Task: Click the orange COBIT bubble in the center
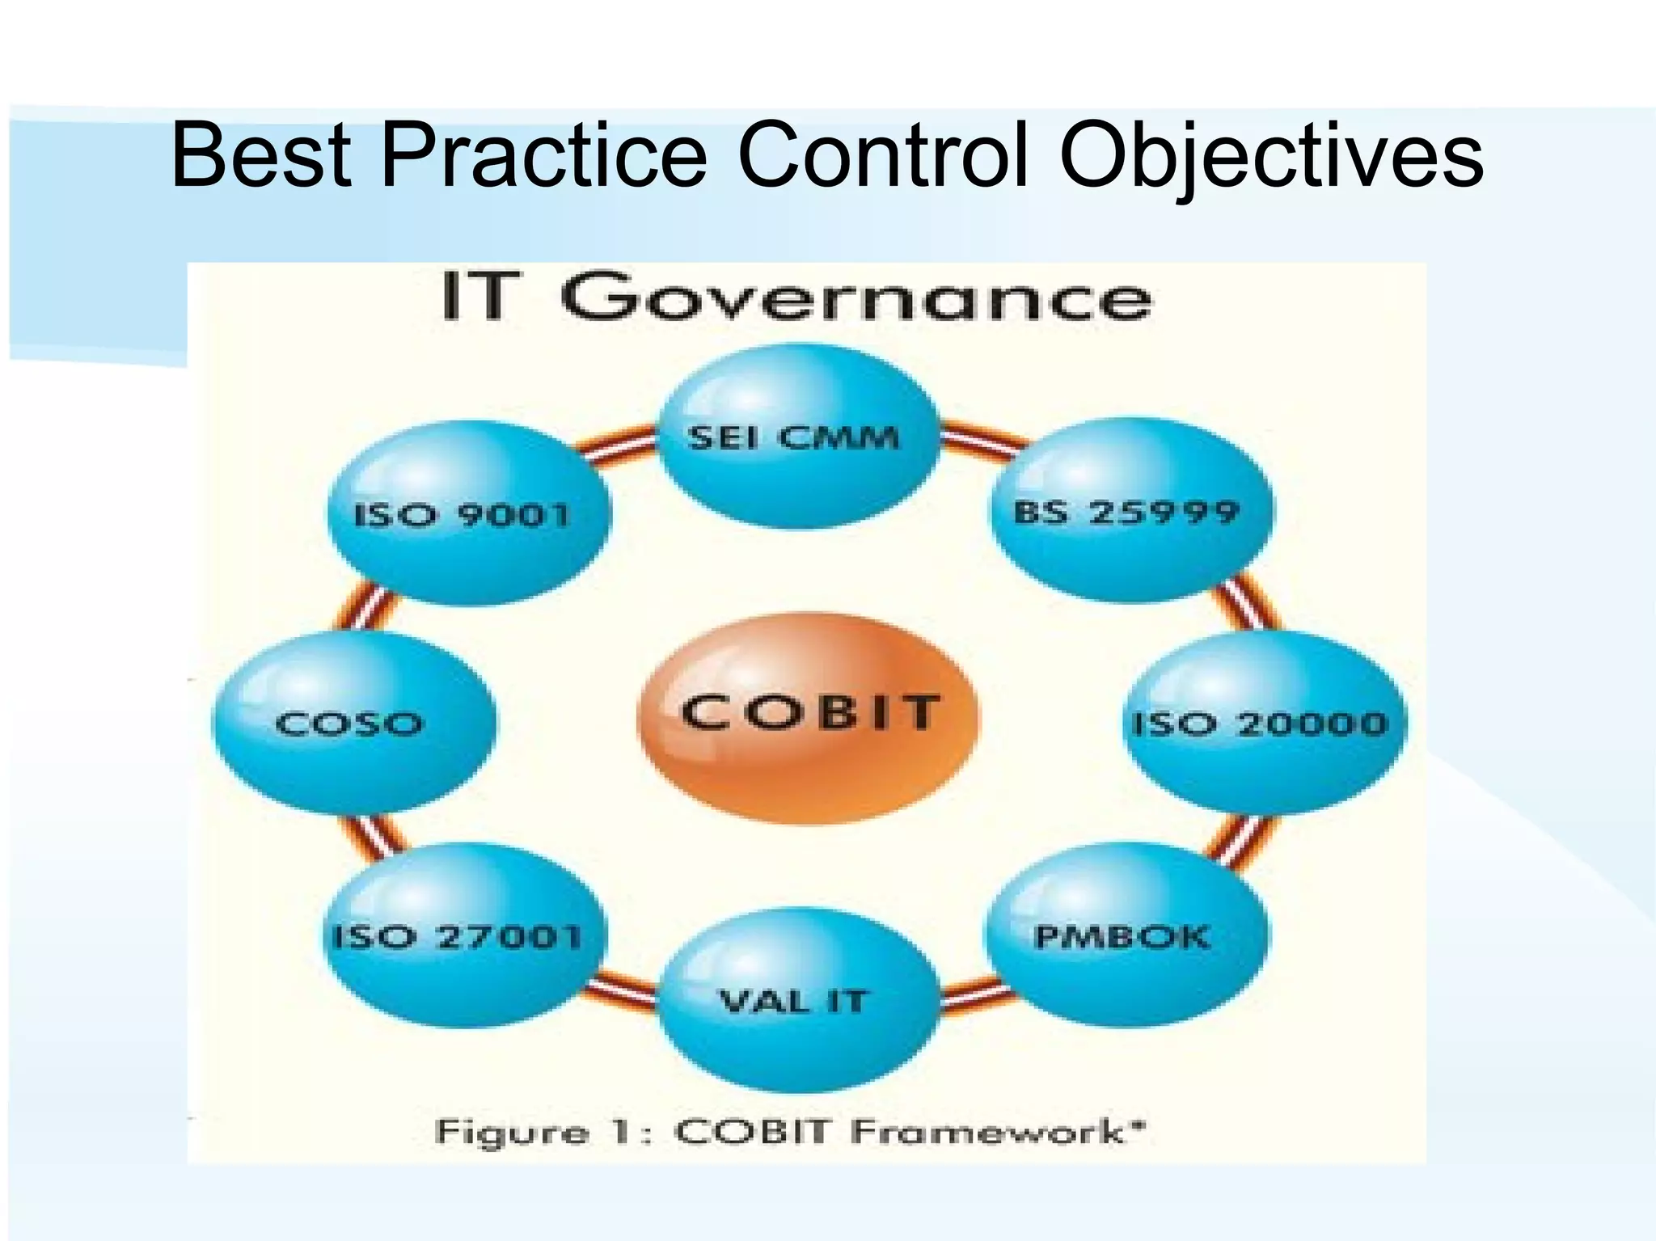[x=809, y=718]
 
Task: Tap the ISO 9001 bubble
[x=467, y=514]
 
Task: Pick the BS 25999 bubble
[x=1130, y=511]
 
